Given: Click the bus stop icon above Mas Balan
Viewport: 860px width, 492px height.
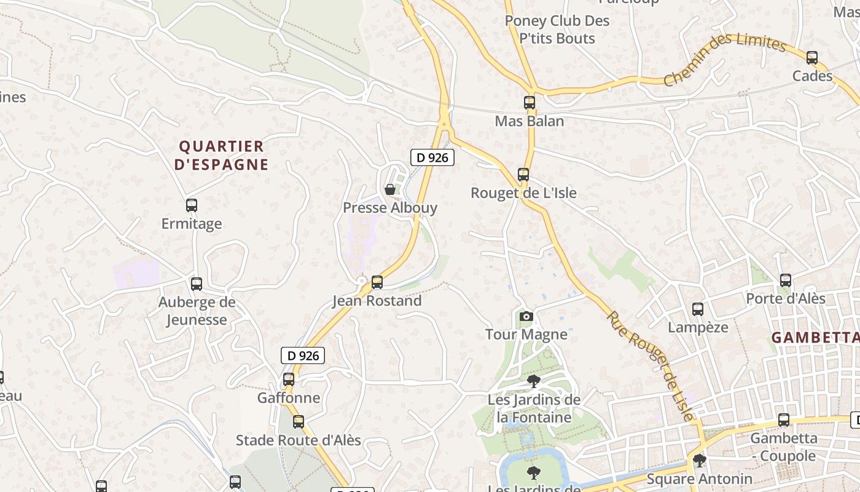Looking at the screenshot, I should click(530, 103).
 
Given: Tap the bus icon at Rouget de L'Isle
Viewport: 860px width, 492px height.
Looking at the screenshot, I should click(523, 175).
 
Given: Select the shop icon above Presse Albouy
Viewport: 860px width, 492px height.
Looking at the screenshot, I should click(389, 189).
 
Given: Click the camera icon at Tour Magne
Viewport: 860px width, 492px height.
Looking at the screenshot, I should click(526, 317).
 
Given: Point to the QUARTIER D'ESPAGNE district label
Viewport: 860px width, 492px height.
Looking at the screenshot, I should click(222, 156).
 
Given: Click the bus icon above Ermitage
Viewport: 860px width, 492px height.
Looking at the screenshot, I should click(192, 205).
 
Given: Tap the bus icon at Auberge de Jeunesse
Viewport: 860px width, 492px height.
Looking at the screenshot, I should click(197, 284).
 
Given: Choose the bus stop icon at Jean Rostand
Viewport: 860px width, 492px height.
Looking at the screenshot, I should click(377, 282).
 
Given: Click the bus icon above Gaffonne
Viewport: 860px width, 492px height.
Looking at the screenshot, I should click(289, 379).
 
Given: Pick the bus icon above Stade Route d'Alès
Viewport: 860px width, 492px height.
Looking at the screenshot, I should click(299, 422).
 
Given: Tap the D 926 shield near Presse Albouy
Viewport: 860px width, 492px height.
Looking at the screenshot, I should click(432, 157).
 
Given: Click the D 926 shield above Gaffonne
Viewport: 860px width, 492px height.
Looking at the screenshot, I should click(303, 355).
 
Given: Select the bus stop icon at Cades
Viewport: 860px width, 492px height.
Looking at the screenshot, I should click(812, 58).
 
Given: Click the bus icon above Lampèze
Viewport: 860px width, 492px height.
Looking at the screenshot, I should click(698, 309).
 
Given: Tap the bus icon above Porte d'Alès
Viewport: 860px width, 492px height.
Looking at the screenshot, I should click(786, 280).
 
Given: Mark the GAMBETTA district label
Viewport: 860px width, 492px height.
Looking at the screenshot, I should click(815, 338).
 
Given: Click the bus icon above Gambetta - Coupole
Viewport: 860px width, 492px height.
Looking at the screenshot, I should click(784, 420).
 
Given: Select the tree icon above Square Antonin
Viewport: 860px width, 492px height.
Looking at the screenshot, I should click(699, 460).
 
